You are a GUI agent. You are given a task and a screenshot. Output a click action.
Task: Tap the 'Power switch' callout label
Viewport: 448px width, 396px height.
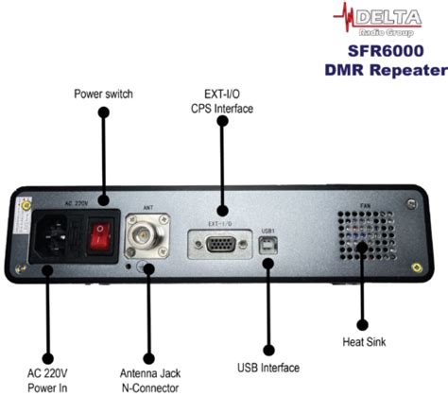[104, 95]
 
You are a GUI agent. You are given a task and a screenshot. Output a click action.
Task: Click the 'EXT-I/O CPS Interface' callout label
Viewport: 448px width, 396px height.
[222, 101]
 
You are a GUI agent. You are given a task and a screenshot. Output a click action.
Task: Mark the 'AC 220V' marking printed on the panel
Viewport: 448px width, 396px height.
[76, 202]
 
